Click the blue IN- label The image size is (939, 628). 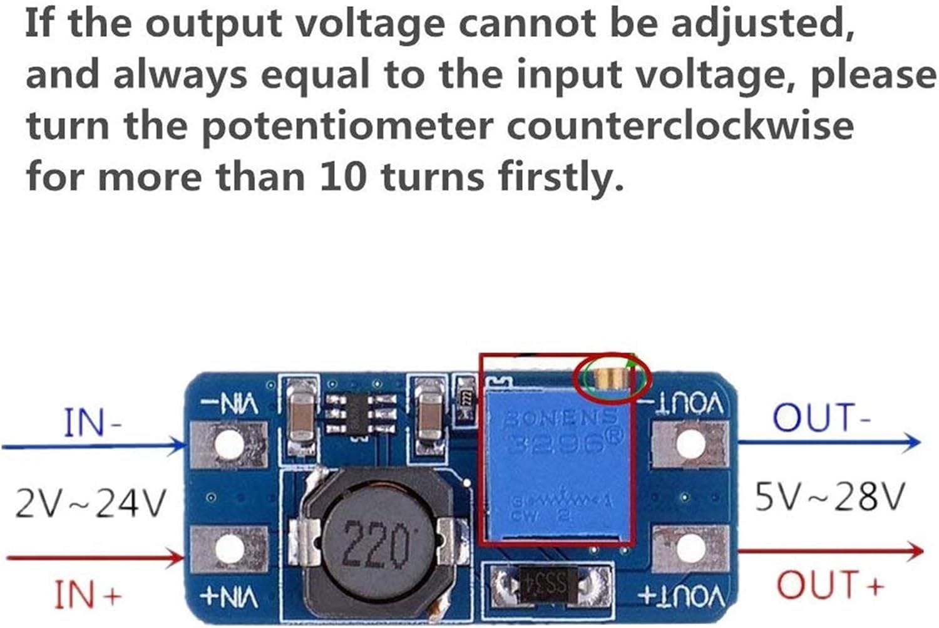click(93, 423)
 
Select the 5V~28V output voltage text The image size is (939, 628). click(829, 498)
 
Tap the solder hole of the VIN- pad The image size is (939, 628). click(229, 445)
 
